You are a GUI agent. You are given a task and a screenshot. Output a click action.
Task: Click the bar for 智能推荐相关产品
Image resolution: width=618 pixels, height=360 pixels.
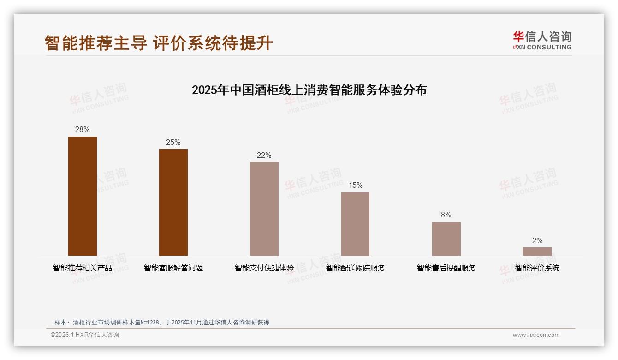pos(83,196)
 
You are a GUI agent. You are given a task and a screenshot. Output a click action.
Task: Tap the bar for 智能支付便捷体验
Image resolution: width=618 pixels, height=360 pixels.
pos(264,209)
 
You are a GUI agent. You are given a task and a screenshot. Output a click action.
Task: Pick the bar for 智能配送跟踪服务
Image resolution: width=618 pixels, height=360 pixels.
pos(355,224)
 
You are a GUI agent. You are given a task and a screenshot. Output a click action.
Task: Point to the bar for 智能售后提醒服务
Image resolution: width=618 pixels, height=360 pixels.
pos(446,239)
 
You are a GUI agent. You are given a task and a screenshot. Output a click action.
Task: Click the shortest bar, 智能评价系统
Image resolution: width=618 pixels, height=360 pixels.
pos(537,252)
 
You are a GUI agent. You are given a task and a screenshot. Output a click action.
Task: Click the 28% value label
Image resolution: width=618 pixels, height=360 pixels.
pos(83,130)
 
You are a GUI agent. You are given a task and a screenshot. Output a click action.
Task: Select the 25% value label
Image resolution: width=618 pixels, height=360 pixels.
pos(173,142)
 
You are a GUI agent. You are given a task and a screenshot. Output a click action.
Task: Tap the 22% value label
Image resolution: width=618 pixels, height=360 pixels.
pos(264,155)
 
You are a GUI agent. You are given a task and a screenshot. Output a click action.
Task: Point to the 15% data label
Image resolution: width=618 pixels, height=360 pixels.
pos(355,185)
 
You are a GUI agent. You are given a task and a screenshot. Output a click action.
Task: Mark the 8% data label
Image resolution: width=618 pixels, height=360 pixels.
pos(446,215)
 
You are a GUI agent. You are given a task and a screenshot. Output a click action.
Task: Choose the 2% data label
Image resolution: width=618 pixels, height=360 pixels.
pos(537,240)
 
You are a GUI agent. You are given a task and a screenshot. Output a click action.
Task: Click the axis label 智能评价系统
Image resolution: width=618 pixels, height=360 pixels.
pos(537,268)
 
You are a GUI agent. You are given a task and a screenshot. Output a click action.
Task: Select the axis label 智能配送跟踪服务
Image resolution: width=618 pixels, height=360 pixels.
pos(355,268)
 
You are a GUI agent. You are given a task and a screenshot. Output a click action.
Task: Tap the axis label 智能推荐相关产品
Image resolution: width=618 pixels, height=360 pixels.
pos(83,268)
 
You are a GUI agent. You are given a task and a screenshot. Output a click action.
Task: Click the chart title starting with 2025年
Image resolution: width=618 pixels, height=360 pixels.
pos(309,90)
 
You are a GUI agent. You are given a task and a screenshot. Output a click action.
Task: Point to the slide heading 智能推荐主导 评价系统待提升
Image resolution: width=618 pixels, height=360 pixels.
pos(159,43)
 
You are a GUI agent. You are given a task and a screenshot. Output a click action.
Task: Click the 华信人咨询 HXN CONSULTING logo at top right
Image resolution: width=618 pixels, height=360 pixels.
pos(542,41)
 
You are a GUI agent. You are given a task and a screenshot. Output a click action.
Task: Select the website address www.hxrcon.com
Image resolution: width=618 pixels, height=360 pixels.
pos(536,335)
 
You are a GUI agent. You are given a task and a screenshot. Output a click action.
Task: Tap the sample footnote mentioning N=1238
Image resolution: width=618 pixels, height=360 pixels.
pos(161,322)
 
